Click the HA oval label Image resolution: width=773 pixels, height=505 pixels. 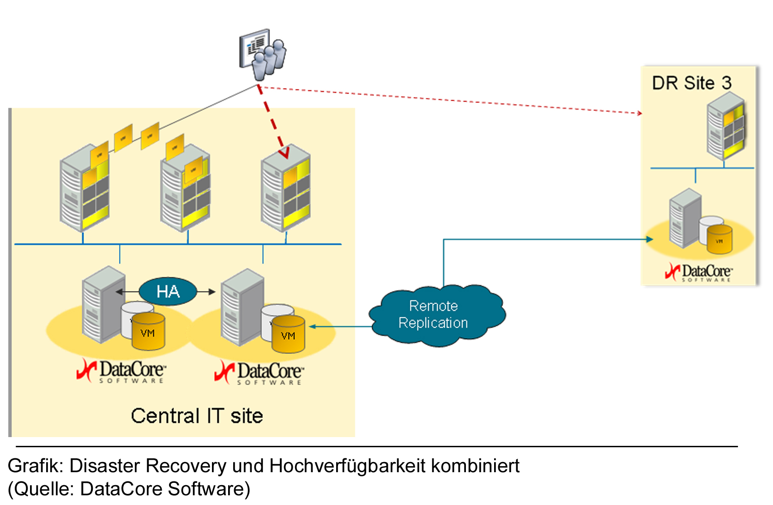(168, 292)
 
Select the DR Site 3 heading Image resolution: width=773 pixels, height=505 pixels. (691, 83)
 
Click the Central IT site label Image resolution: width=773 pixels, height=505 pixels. (197, 416)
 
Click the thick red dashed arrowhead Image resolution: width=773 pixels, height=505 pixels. (284, 153)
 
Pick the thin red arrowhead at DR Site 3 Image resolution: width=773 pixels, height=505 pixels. (640, 113)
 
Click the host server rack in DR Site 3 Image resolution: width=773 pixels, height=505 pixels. (725, 126)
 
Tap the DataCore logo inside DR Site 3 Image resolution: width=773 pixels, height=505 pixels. (699, 273)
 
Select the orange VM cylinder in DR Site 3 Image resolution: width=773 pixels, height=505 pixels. (719, 239)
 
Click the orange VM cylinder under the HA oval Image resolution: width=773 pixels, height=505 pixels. (148, 331)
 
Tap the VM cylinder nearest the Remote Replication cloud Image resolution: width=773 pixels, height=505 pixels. (288, 334)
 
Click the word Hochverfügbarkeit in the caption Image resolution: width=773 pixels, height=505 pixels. (347, 466)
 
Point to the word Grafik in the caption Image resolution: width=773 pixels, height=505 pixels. (35, 466)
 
